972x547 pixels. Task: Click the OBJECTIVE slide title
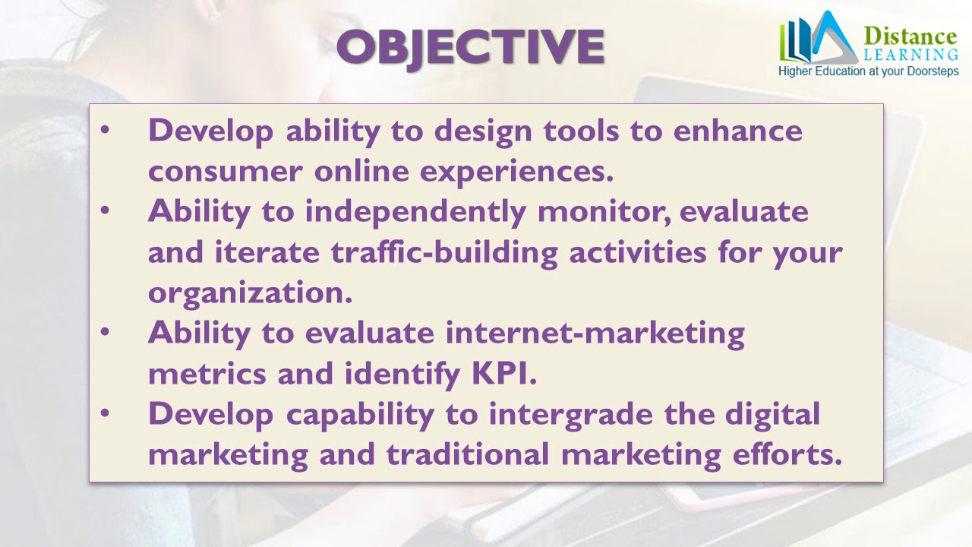click(470, 48)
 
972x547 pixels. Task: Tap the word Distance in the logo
click(910, 36)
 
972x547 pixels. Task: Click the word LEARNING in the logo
click(910, 55)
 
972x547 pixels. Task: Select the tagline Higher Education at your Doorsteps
click(868, 71)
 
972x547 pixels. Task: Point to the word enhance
click(737, 131)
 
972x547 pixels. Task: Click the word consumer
click(226, 172)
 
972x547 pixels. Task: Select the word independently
click(415, 213)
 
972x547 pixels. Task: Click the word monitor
click(604, 212)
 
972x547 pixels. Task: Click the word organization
click(250, 293)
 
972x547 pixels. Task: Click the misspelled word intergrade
click(570, 415)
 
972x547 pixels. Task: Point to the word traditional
click(468, 454)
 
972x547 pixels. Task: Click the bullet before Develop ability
click(105, 129)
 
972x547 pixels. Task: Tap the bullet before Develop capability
click(105, 413)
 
